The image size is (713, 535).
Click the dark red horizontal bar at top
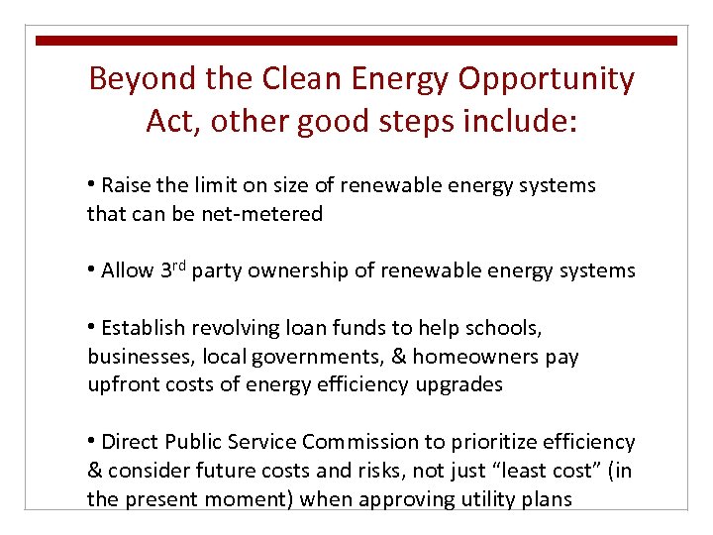[356, 41]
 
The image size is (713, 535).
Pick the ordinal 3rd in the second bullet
[172, 269]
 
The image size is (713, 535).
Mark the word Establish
[143, 328]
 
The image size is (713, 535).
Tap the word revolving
[231, 328]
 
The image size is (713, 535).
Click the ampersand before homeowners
[399, 356]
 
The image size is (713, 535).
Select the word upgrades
[458, 384]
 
